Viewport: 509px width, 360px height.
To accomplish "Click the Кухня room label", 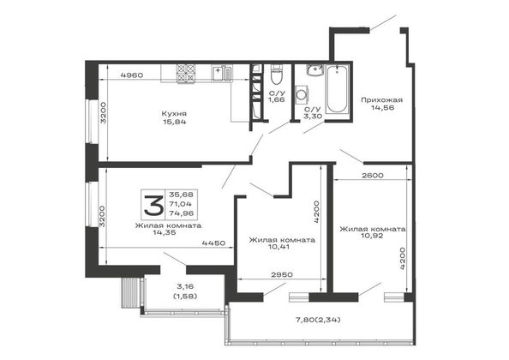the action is pyautogui.click(x=174, y=114).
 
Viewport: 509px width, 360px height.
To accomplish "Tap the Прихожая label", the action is pyautogui.click(x=382, y=100).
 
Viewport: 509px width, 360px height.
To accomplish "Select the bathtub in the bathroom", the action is pyautogui.click(x=337, y=88).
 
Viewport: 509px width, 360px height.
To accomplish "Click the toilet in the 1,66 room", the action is pyautogui.click(x=277, y=75).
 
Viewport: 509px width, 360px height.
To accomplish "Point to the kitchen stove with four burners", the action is pyautogui.click(x=186, y=74).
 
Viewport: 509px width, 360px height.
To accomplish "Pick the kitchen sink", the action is pyautogui.click(x=222, y=73).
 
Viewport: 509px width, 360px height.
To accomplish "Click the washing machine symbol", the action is pyautogui.click(x=302, y=95).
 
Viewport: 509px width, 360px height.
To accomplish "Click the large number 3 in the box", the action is pyautogui.click(x=154, y=205).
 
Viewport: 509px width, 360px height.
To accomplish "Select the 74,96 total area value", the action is pyautogui.click(x=181, y=213).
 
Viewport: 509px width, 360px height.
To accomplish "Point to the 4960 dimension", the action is pyautogui.click(x=131, y=75).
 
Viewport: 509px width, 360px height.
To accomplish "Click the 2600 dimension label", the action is pyautogui.click(x=373, y=176).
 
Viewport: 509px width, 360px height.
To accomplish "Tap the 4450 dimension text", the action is pyautogui.click(x=213, y=243).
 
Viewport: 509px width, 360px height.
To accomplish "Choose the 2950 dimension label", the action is pyautogui.click(x=282, y=274).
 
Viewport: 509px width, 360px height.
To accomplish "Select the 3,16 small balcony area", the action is pyautogui.click(x=185, y=286).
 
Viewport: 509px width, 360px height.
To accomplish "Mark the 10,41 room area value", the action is pyautogui.click(x=279, y=247).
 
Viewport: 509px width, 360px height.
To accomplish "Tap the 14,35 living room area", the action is pyautogui.click(x=165, y=232).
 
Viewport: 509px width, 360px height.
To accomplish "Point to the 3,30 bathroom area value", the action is pyautogui.click(x=314, y=116).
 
